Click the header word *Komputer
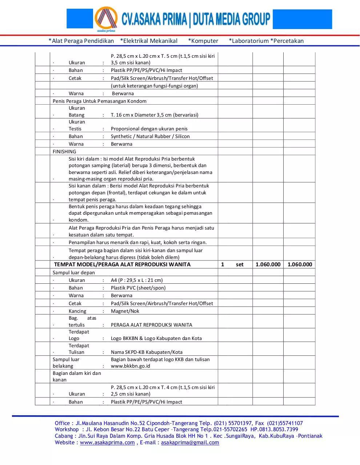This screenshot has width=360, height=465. (x=203, y=41)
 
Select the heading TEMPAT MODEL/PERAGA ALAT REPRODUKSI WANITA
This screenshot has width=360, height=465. (x=122, y=264)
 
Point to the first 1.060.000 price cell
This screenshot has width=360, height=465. (x=268, y=264)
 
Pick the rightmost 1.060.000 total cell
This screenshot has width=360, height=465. (x=300, y=264)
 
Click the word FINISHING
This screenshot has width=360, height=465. (x=64, y=151)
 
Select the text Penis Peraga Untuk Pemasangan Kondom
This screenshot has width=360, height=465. (x=100, y=101)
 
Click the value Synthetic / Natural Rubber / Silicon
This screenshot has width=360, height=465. (x=150, y=136)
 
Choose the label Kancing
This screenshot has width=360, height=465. (x=77, y=311)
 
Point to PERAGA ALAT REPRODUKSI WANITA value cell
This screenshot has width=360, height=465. (x=152, y=325)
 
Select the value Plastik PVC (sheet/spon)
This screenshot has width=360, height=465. (x=138, y=288)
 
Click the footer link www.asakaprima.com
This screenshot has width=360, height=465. (x=107, y=442)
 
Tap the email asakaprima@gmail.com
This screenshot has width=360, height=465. (x=190, y=442)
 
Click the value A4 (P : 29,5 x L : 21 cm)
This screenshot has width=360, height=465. (x=137, y=280)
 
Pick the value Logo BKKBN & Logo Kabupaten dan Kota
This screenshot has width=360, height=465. (x=156, y=338)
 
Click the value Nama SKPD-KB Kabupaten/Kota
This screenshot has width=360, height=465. (x=147, y=352)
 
